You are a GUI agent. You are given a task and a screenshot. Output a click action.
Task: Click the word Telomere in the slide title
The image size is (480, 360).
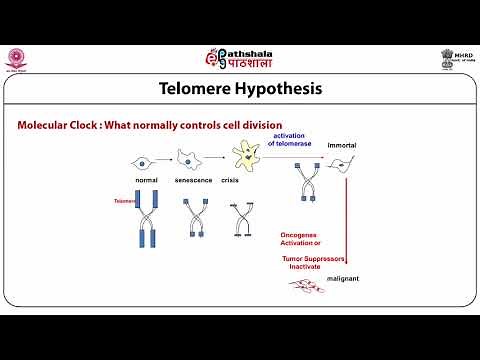point(203,89)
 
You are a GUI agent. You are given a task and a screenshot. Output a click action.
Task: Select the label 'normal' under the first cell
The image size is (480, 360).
point(147,180)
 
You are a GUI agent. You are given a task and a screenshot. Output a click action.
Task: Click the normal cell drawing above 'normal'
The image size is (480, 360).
point(146,160)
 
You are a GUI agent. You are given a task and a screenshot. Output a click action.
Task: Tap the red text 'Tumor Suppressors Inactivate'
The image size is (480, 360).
point(313,262)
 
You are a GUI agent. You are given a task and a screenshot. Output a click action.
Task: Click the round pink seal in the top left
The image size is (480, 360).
point(19,57)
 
